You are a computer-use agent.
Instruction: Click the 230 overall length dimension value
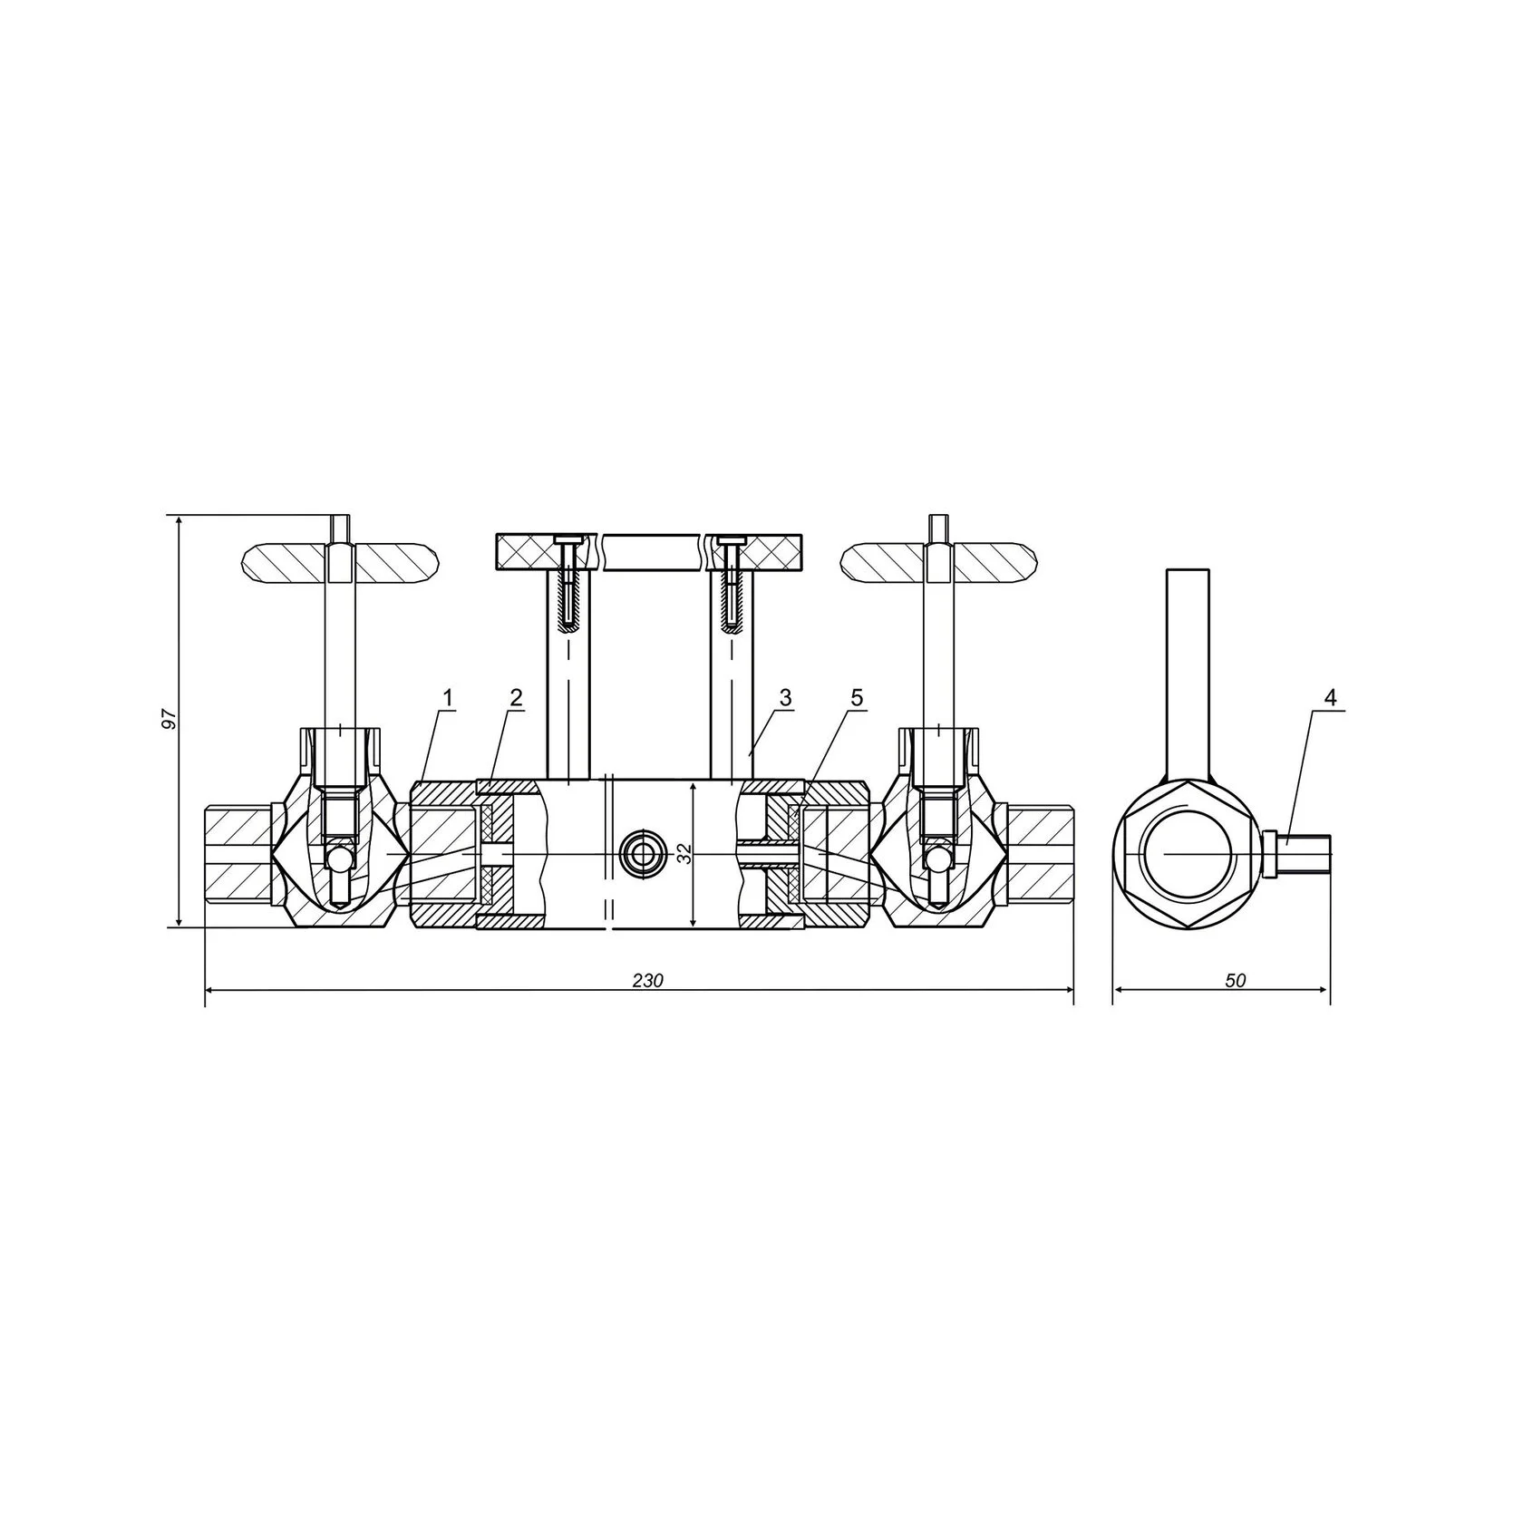pos(648,980)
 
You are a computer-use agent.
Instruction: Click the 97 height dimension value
pos(166,719)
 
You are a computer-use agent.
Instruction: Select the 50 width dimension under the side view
pos(1236,980)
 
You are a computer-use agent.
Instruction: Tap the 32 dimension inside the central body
pos(684,853)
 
